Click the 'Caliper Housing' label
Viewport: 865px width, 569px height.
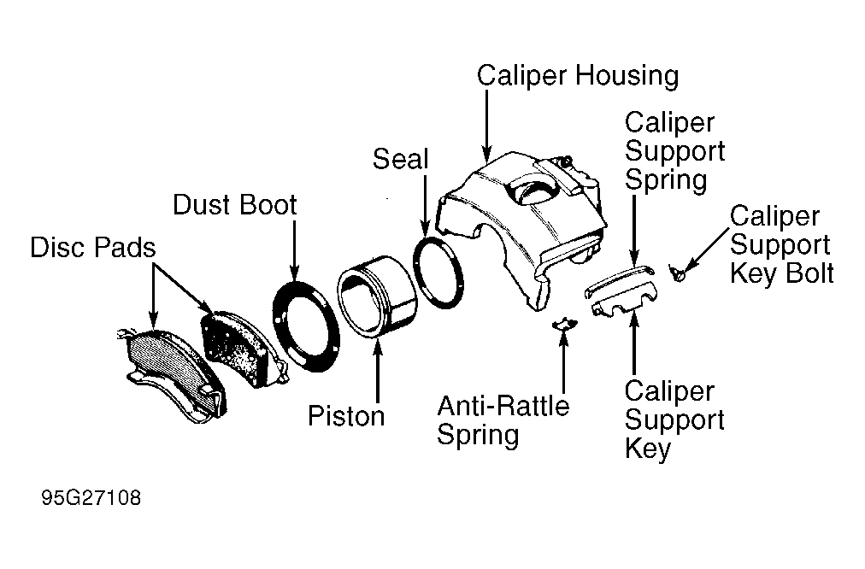coord(578,76)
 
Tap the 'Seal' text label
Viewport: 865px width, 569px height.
coord(400,160)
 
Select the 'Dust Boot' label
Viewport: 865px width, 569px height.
coord(235,205)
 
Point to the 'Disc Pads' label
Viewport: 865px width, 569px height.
coord(92,248)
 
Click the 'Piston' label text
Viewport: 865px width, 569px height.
coord(346,416)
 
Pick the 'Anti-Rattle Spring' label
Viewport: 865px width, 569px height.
coord(503,420)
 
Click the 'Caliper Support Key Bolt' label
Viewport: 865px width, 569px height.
coord(782,245)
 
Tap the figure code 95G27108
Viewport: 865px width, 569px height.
coord(91,498)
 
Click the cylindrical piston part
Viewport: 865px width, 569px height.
coord(377,296)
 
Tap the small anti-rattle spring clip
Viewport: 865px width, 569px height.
coord(564,324)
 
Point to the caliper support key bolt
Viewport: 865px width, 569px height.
coord(677,273)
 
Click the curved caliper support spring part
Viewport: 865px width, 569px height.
coord(619,278)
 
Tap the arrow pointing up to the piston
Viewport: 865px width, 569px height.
coord(378,371)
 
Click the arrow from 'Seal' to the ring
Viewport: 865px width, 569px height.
coord(425,206)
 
